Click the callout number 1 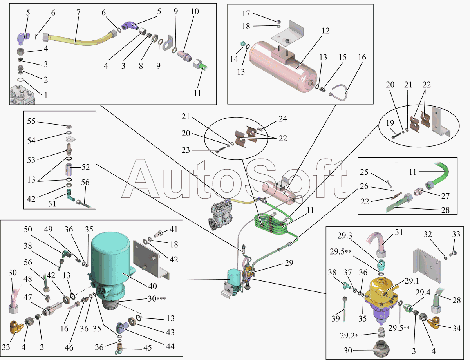(46, 95)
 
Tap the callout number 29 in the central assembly (289, 263)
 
